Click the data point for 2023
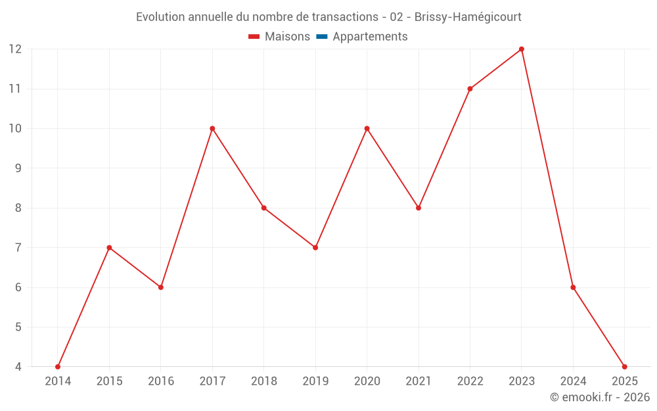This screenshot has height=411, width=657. (x=522, y=49)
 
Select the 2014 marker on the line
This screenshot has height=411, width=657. (x=58, y=367)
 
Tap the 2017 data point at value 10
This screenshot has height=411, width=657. (x=212, y=128)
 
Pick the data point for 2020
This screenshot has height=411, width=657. (x=367, y=128)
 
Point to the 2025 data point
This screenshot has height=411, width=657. (x=624, y=367)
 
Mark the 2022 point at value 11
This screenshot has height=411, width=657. (x=470, y=89)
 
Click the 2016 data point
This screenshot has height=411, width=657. (x=161, y=287)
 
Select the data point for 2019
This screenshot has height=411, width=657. (x=315, y=248)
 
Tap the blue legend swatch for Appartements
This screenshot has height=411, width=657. (x=321, y=37)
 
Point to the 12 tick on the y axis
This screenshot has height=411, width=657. (x=15, y=49)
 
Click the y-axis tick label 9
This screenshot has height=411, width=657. (x=18, y=168)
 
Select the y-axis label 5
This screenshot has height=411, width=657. (x=18, y=327)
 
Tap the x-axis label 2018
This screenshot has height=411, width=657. (x=264, y=381)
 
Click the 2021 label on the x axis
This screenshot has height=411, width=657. (x=419, y=381)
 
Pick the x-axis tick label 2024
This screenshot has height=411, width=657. (x=573, y=381)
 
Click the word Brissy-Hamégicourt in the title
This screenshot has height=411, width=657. (x=468, y=17)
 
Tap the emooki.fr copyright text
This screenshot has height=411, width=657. (x=600, y=397)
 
